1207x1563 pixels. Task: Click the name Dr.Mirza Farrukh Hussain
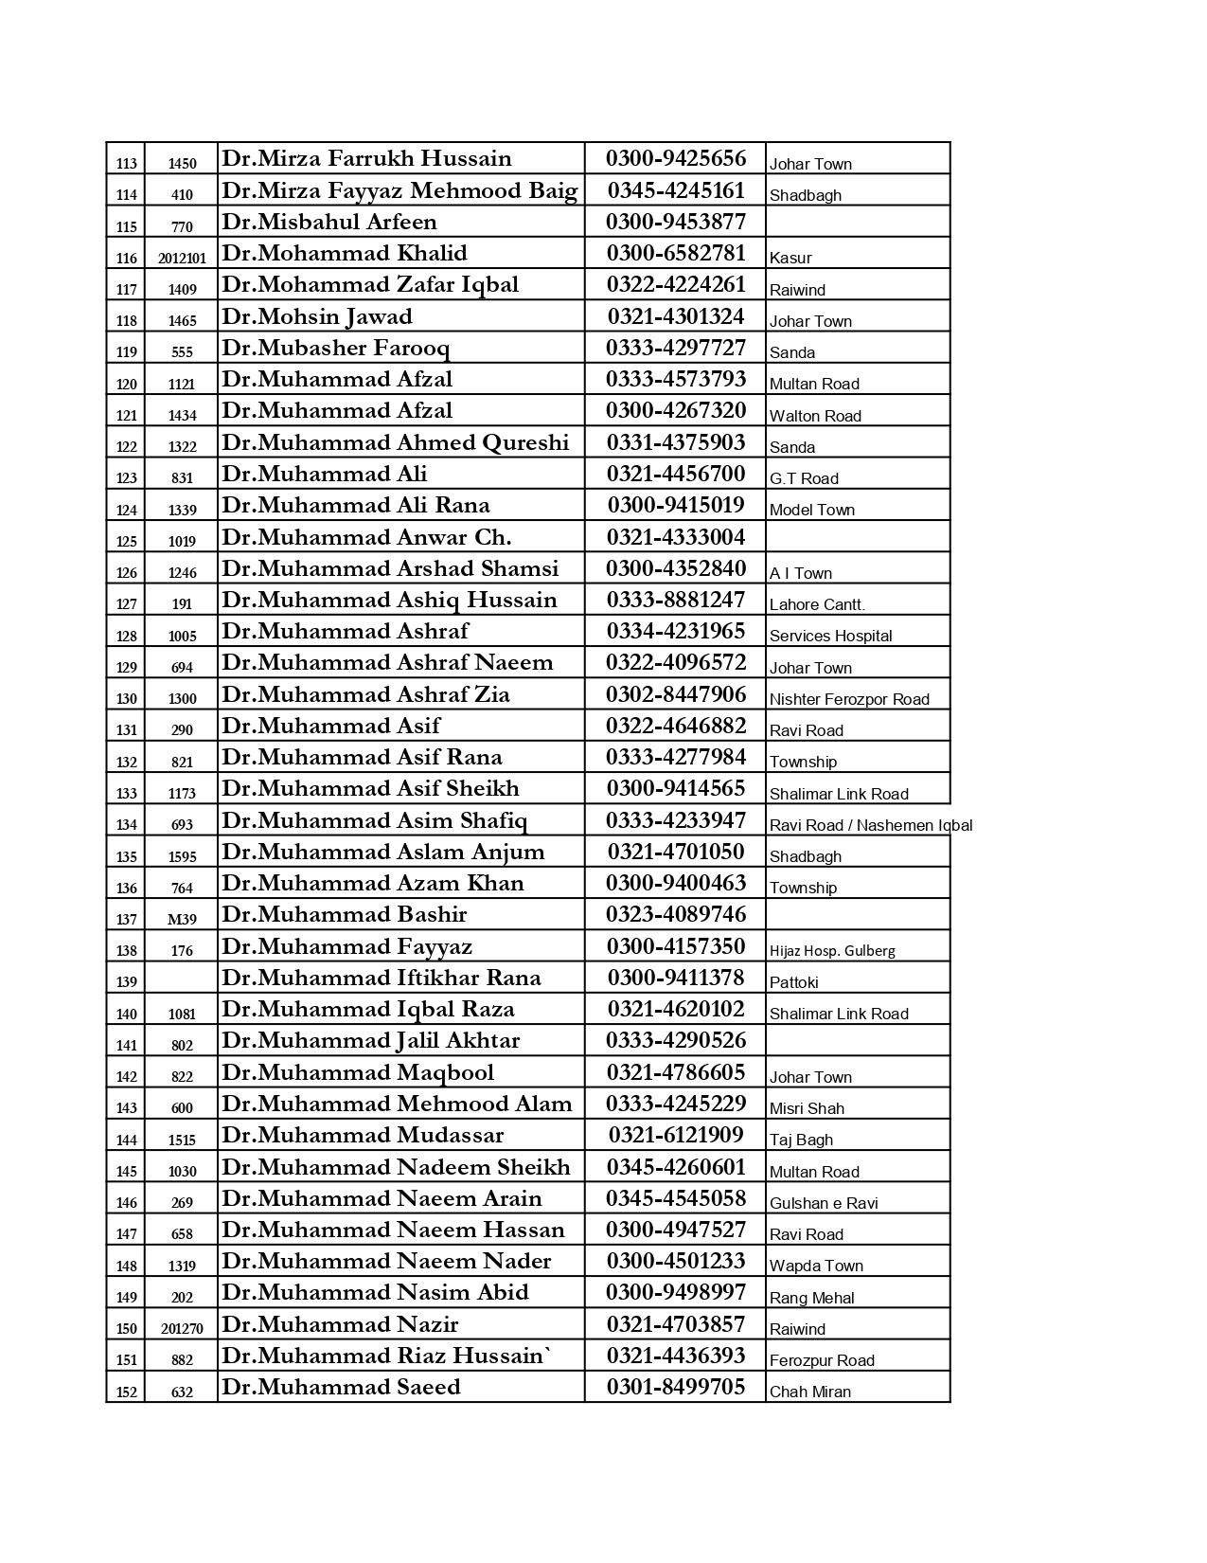tap(366, 159)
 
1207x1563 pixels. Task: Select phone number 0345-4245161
tap(676, 190)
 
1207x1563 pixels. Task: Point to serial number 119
tap(127, 352)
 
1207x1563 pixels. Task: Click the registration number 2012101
tap(182, 258)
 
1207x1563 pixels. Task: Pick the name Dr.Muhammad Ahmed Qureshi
tap(395, 443)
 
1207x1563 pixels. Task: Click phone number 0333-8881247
tap(676, 601)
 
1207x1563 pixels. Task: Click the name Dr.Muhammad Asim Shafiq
tap(374, 820)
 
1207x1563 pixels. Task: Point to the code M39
tap(182, 919)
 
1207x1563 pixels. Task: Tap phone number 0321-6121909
tap(676, 1135)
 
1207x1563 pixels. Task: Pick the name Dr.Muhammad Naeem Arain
tap(382, 1198)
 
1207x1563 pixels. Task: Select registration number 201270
tap(182, 1328)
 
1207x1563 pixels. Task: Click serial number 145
tap(127, 1171)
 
